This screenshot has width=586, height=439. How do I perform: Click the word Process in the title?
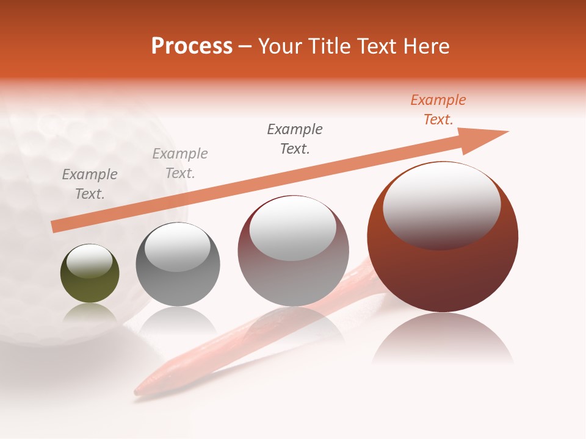(x=192, y=46)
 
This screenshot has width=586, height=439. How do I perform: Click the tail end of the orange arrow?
(x=55, y=226)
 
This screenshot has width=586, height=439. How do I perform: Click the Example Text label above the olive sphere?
(x=90, y=184)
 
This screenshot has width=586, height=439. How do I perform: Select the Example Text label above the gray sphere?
(x=180, y=163)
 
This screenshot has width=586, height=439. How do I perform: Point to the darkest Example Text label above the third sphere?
(x=295, y=139)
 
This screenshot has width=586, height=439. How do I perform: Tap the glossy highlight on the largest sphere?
(x=441, y=204)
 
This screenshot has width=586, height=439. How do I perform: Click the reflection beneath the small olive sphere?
(x=90, y=314)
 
